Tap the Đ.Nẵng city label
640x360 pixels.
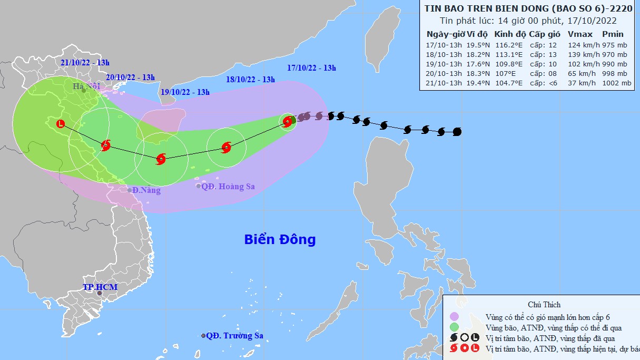[146, 190]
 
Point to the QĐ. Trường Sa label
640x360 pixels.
[234, 336]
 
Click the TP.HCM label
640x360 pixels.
[100, 287]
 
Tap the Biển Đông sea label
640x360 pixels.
[280, 239]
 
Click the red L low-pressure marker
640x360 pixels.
[61, 124]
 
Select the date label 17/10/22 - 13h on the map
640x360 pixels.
[312, 67]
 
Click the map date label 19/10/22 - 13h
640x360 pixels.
[185, 92]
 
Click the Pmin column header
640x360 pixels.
[613, 34]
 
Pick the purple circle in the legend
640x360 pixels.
[455, 316]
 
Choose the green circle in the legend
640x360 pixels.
[455, 327]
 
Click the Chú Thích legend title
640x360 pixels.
[544, 305]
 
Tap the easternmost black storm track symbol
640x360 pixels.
[457, 131]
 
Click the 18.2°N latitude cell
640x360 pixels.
[477, 54]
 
